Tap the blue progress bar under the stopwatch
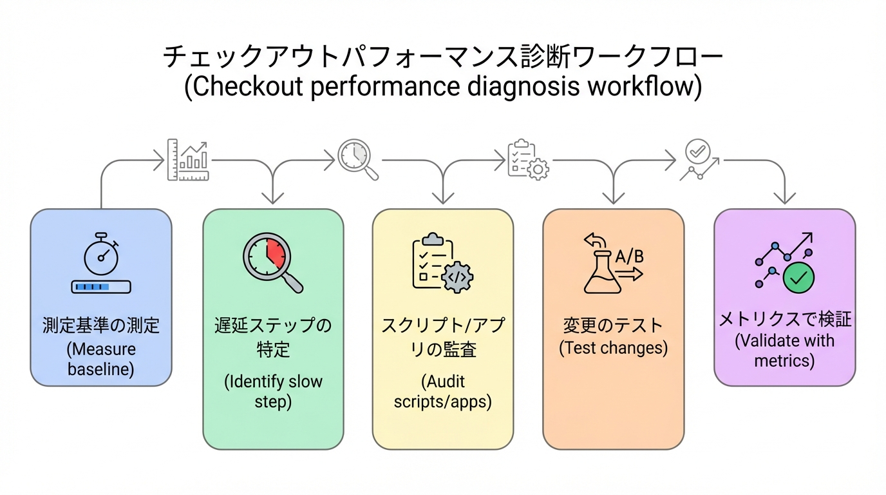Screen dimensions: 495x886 [x=100, y=287]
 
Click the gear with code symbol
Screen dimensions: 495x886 [x=458, y=276]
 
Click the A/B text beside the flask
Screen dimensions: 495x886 [x=629, y=257]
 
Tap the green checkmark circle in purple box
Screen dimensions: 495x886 [x=798, y=278]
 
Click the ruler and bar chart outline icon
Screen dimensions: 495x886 [x=188, y=159]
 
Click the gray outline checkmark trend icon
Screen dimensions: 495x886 [x=699, y=159]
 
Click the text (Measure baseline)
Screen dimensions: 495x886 [x=101, y=360]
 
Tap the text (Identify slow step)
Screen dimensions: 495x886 [x=273, y=391]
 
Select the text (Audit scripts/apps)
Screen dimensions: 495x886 [x=442, y=391]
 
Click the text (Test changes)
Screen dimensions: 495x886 [x=613, y=349]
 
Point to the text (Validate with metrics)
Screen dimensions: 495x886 [x=784, y=350]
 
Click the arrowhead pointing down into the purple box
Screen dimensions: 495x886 [x=784, y=199]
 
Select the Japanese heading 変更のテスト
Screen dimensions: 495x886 [x=613, y=324]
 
